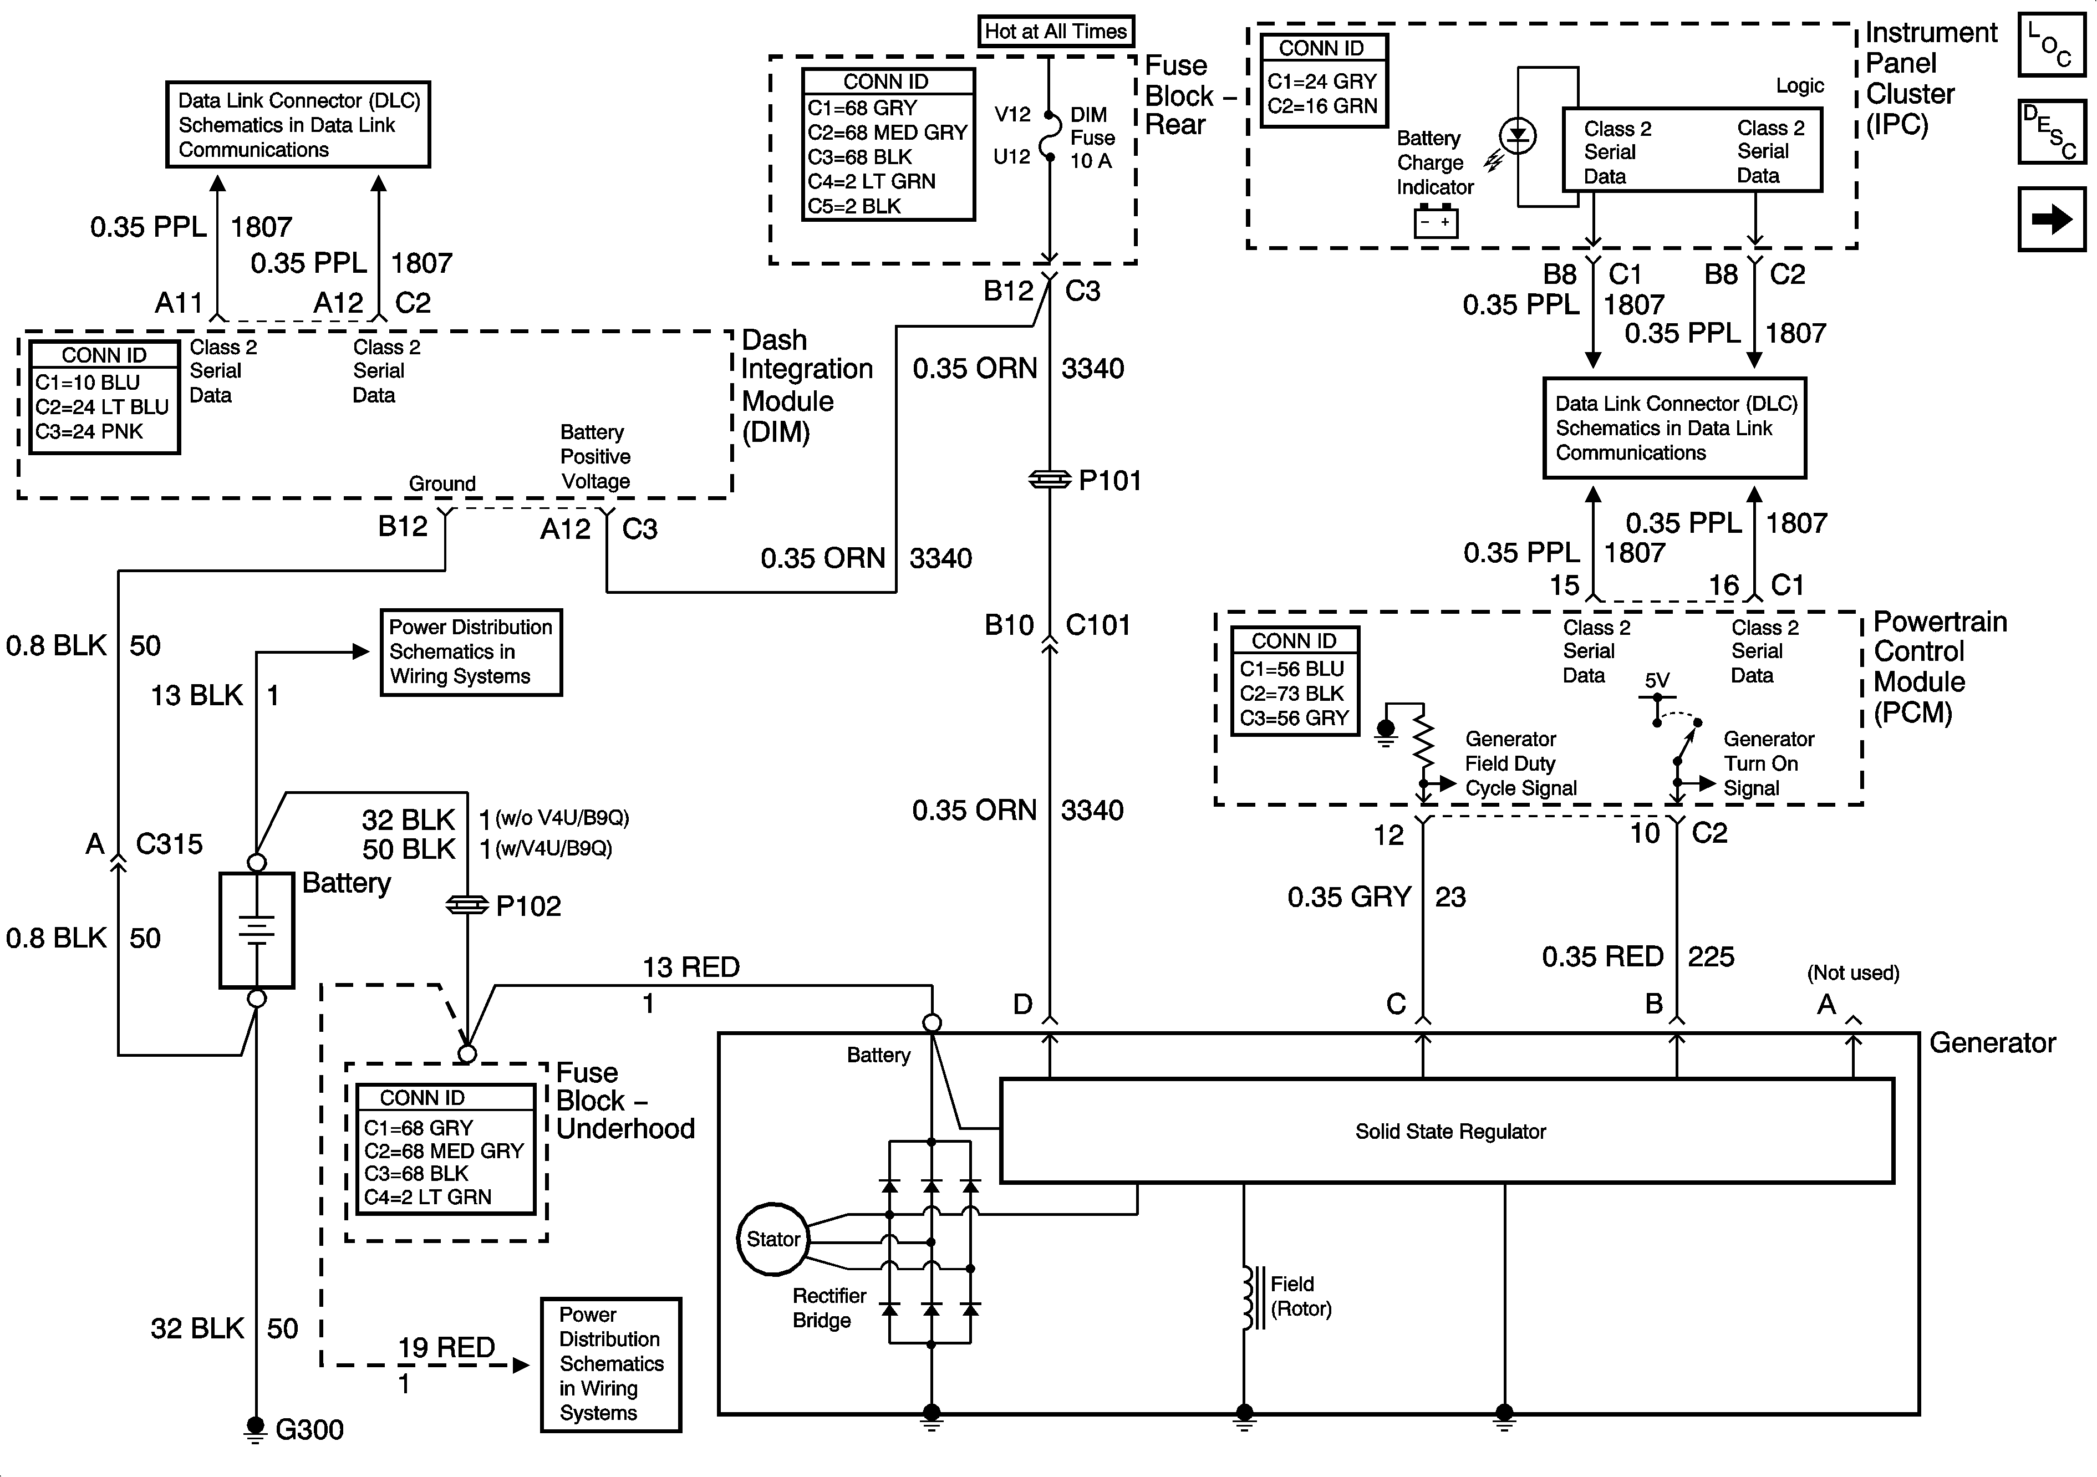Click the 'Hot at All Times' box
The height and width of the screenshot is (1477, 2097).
1055,31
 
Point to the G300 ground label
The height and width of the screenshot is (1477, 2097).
309,1429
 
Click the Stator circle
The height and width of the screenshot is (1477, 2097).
773,1240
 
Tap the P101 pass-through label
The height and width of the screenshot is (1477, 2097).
1109,481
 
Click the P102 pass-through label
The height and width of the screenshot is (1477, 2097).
528,906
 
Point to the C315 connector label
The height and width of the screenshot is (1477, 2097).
169,844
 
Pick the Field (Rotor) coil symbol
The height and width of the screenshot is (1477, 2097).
1249,1297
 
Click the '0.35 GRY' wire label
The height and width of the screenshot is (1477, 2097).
1349,897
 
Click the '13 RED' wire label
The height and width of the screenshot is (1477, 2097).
690,967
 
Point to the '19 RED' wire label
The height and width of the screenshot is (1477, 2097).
446,1347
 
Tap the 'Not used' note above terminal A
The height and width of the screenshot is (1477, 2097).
1852,974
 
